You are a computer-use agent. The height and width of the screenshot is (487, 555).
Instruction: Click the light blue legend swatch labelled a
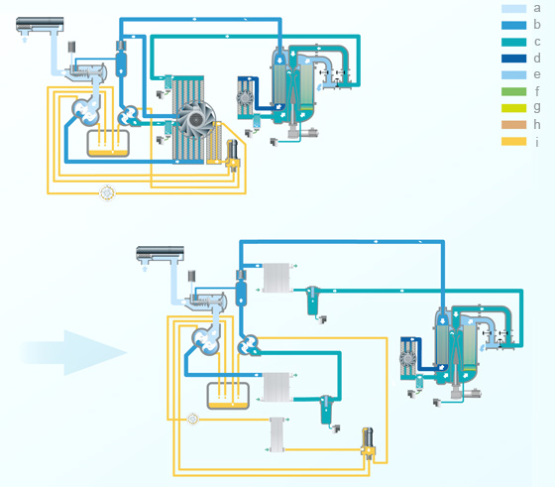[x=513, y=9]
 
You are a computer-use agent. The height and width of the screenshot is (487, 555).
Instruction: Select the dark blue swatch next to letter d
[x=513, y=59]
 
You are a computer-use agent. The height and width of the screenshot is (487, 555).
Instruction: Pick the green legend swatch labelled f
[x=513, y=91]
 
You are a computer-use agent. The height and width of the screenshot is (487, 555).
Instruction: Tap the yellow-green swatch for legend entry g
[x=513, y=108]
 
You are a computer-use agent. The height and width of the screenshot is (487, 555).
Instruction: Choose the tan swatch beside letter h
[x=513, y=125]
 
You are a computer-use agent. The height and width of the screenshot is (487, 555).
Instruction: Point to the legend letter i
[x=537, y=142]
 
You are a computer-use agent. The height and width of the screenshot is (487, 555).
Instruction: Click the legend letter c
[x=537, y=42]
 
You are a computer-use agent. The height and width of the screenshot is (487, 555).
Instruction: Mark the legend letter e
[x=537, y=74]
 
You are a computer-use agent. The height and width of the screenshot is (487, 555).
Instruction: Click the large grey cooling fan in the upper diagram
[x=196, y=120]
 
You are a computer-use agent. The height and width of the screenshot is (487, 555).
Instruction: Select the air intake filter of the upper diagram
[x=40, y=24]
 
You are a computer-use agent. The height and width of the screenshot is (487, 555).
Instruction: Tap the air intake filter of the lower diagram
[x=160, y=253]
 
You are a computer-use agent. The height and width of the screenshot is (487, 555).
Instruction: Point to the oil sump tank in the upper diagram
[x=108, y=144]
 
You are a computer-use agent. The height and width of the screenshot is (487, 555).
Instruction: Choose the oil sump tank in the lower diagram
[x=228, y=396]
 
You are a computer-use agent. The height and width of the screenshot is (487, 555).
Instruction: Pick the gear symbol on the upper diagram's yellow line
[x=107, y=193]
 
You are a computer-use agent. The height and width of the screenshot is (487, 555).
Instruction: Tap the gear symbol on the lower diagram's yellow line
[x=193, y=419]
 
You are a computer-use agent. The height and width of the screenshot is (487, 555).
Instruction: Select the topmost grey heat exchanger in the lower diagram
[x=277, y=278]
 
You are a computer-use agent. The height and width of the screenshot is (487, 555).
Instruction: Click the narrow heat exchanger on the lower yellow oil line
[x=277, y=434]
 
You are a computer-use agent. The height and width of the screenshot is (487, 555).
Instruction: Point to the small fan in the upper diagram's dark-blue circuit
[x=245, y=98]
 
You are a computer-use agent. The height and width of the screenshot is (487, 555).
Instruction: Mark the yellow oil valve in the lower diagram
[x=368, y=443]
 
